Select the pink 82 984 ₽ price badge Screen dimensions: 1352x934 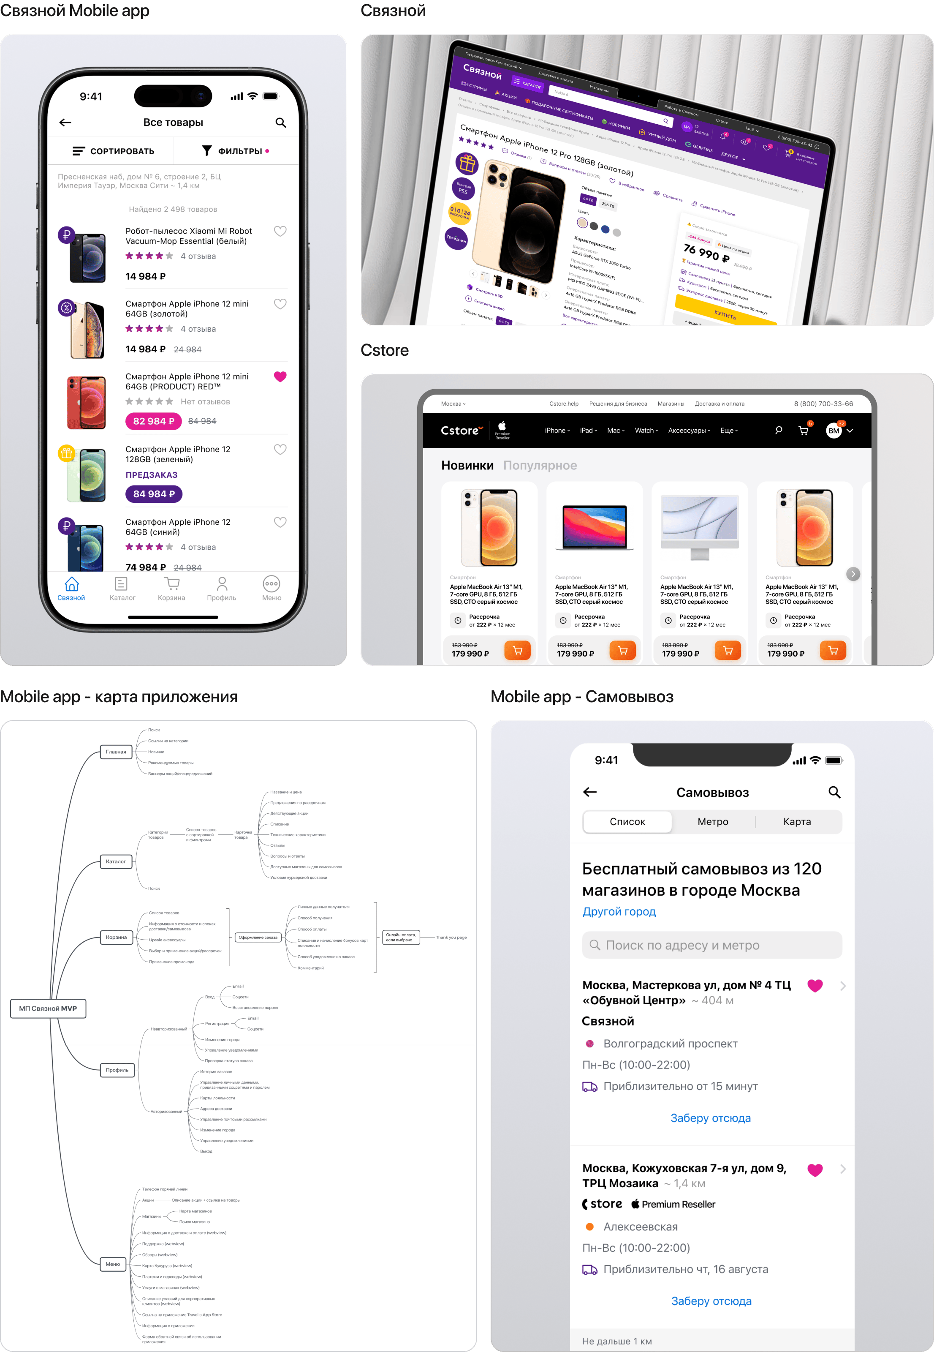153,421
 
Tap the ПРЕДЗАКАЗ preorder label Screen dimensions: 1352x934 152,475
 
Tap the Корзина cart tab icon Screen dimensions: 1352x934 171,584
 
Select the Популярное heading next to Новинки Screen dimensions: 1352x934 540,466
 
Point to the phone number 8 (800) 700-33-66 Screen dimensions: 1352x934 823,404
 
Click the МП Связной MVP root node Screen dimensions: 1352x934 48,1008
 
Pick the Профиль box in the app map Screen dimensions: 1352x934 117,1070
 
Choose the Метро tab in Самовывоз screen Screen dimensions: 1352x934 713,821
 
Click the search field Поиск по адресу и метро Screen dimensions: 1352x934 711,945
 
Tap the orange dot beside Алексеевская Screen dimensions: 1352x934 590,1227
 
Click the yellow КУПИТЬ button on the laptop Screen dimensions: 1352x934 726,314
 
